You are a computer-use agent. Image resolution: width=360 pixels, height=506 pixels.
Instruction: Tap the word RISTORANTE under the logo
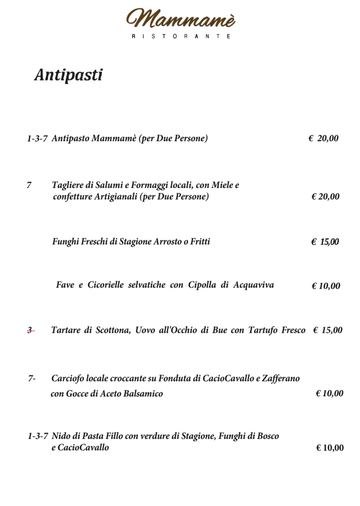tap(181, 36)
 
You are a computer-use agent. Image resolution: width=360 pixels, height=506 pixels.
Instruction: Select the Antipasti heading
tap(69, 75)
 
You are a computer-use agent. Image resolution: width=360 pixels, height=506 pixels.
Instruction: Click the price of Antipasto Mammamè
tap(323, 138)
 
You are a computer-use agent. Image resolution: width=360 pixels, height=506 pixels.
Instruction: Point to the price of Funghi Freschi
tap(325, 242)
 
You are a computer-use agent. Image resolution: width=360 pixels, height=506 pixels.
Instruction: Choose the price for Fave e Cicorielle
tap(326, 286)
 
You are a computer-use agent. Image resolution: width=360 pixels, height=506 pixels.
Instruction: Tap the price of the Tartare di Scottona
tap(327, 330)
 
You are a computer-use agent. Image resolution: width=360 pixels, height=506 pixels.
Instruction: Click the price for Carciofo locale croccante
tap(329, 393)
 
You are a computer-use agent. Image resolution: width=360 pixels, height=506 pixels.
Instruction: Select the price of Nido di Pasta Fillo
tap(329, 448)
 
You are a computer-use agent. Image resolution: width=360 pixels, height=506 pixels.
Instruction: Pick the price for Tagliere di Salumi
tap(325, 196)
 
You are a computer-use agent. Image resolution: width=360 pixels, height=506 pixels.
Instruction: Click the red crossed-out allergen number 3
tap(30, 330)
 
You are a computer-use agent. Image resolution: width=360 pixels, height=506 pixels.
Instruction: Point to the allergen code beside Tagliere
tap(29, 185)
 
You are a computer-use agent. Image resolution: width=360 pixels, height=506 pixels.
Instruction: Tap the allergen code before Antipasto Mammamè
tap(37, 138)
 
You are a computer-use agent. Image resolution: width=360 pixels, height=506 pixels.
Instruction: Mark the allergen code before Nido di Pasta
tap(38, 436)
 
